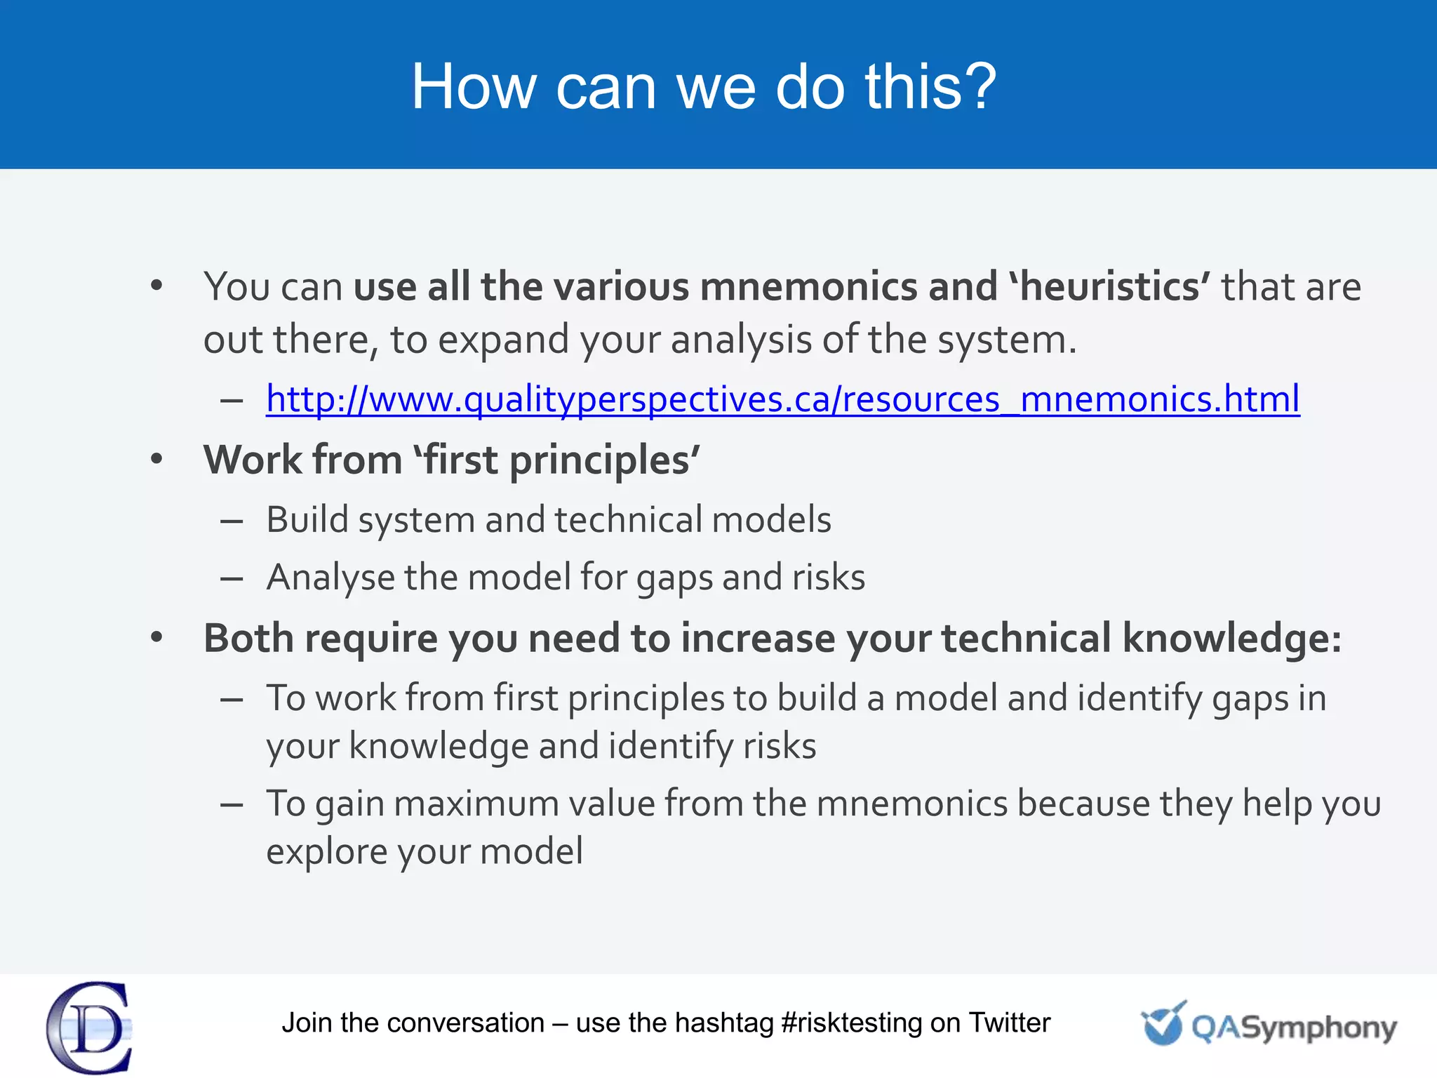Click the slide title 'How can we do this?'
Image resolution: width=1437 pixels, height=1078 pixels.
[703, 86]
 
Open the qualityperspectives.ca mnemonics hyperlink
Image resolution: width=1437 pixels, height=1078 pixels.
[782, 399]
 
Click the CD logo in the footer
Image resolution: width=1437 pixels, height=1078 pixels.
[90, 1027]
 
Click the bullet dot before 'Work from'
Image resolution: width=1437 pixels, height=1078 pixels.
[156, 460]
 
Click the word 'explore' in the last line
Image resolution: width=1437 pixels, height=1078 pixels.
[326, 852]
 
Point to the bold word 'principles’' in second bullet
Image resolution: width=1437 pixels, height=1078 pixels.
[604, 461]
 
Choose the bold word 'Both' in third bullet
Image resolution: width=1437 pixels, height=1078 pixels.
[248, 639]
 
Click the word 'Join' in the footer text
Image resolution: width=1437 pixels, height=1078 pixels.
[307, 1023]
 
